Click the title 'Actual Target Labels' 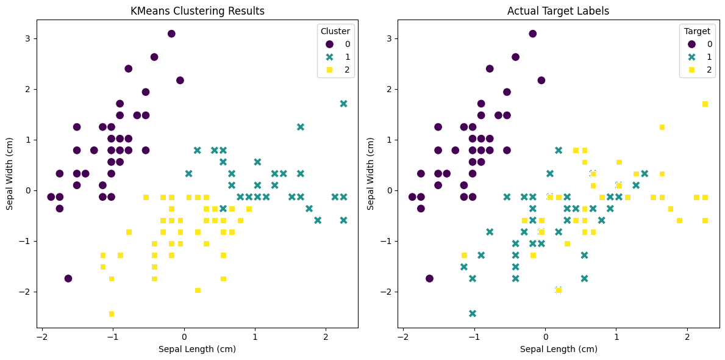(558, 11)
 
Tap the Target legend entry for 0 (701, 44)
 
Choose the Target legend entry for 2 (701, 70)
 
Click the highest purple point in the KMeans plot (171, 34)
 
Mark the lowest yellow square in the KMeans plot (112, 314)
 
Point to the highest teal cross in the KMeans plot (343, 104)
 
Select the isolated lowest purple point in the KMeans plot (68, 278)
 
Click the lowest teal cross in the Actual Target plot (473, 314)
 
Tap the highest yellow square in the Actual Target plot (705, 104)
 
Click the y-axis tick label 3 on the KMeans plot (27, 38)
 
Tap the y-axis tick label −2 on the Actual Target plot (387, 292)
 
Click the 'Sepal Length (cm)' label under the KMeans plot (197, 349)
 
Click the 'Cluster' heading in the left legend (335, 31)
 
